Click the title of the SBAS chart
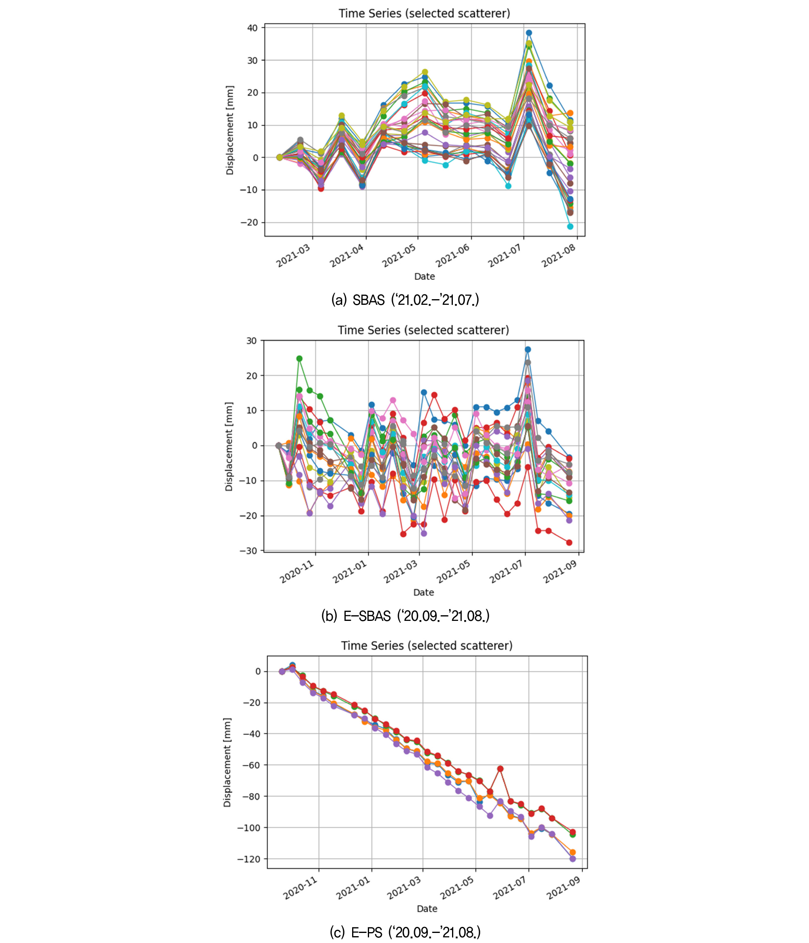coord(424,13)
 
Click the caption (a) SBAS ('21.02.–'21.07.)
coord(405,300)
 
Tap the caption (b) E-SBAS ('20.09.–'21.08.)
coord(405,616)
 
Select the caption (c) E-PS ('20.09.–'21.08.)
coord(405,933)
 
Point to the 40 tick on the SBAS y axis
coord(252,28)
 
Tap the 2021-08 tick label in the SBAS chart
coord(558,255)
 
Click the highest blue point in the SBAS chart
coord(529,33)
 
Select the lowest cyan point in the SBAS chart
coord(570,226)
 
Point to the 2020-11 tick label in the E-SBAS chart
coord(297,572)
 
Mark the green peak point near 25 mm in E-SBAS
coord(299,359)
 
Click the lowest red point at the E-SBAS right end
coord(569,542)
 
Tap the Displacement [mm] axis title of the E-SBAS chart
coord(228,447)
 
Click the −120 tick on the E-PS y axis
coord(249,859)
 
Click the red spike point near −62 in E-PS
coord(500,769)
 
